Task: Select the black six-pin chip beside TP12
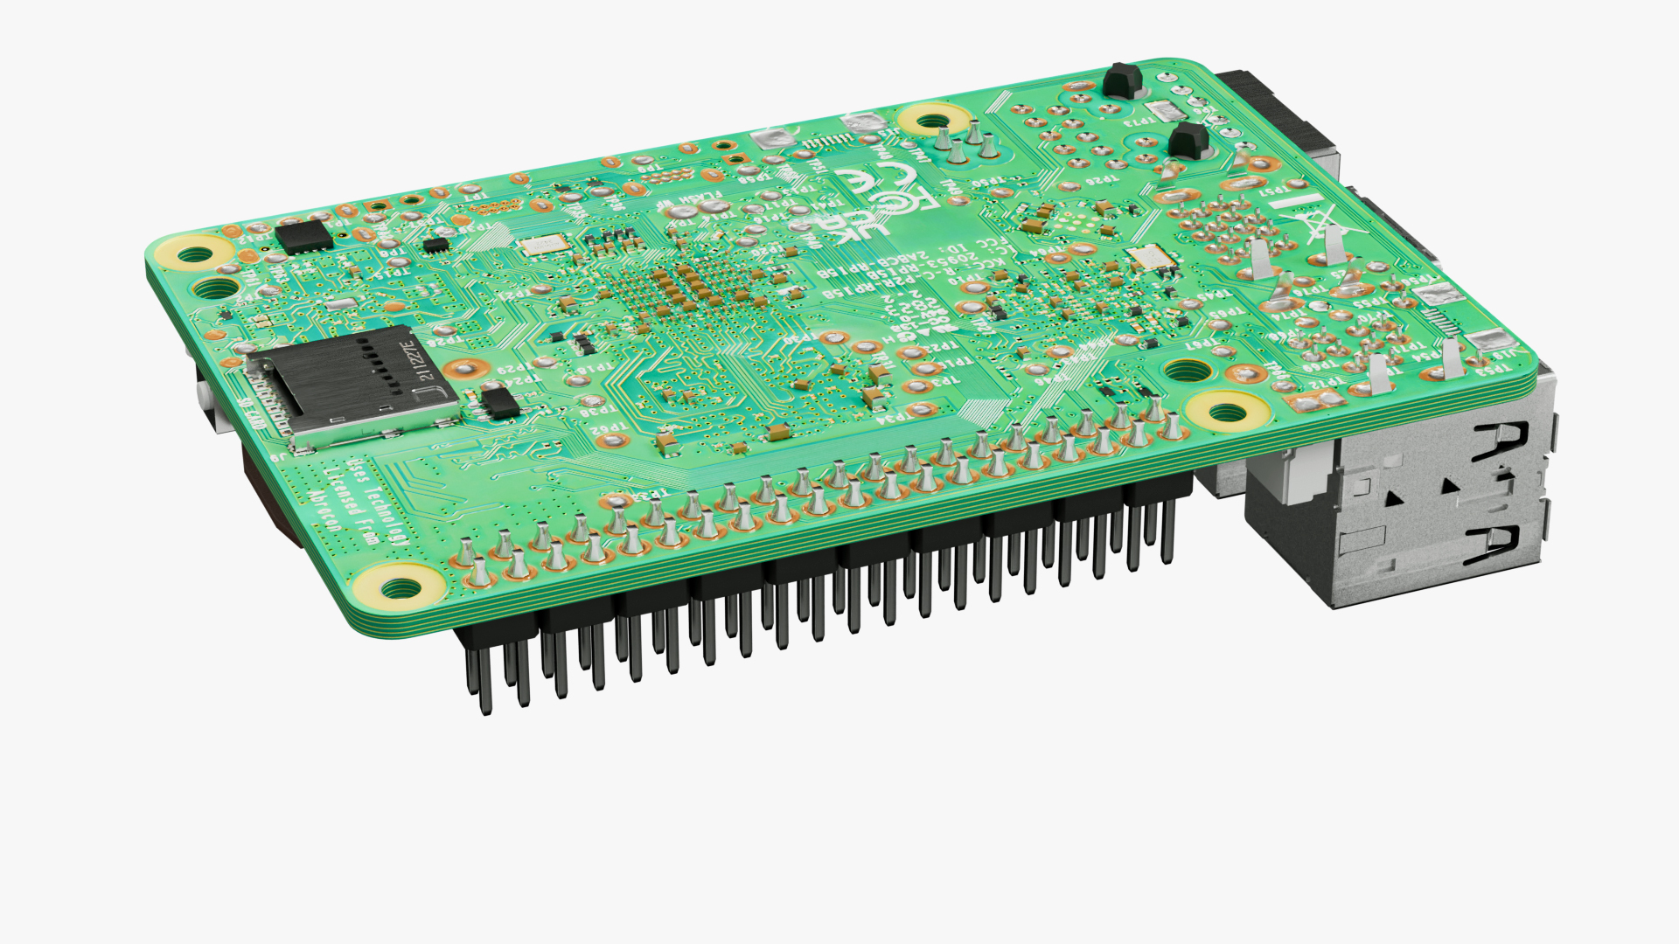(x=303, y=236)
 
